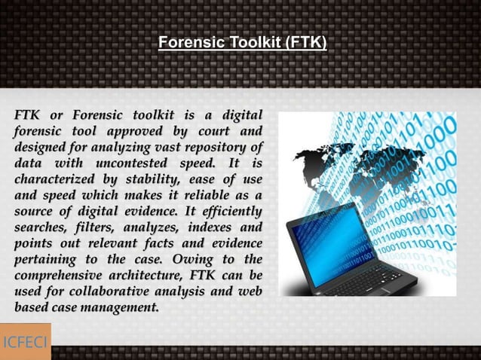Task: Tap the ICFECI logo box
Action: click(x=25, y=341)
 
